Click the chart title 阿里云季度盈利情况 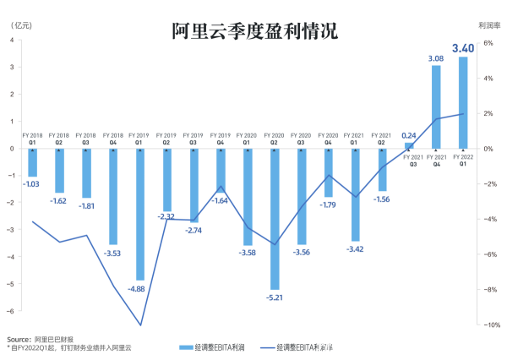(x=253, y=31)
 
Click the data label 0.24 (x=409, y=135)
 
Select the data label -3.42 (x=356, y=249)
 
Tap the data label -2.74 (x=194, y=231)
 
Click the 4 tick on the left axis (x=11, y=67)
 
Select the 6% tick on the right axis (x=488, y=42)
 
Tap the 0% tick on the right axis (x=488, y=149)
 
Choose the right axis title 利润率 (x=486, y=26)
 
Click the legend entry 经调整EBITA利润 (x=213, y=347)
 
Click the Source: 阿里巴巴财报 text (x=40, y=337)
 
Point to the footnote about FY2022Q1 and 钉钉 (x=69, y=347)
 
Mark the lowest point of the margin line (x=140, y=325)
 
